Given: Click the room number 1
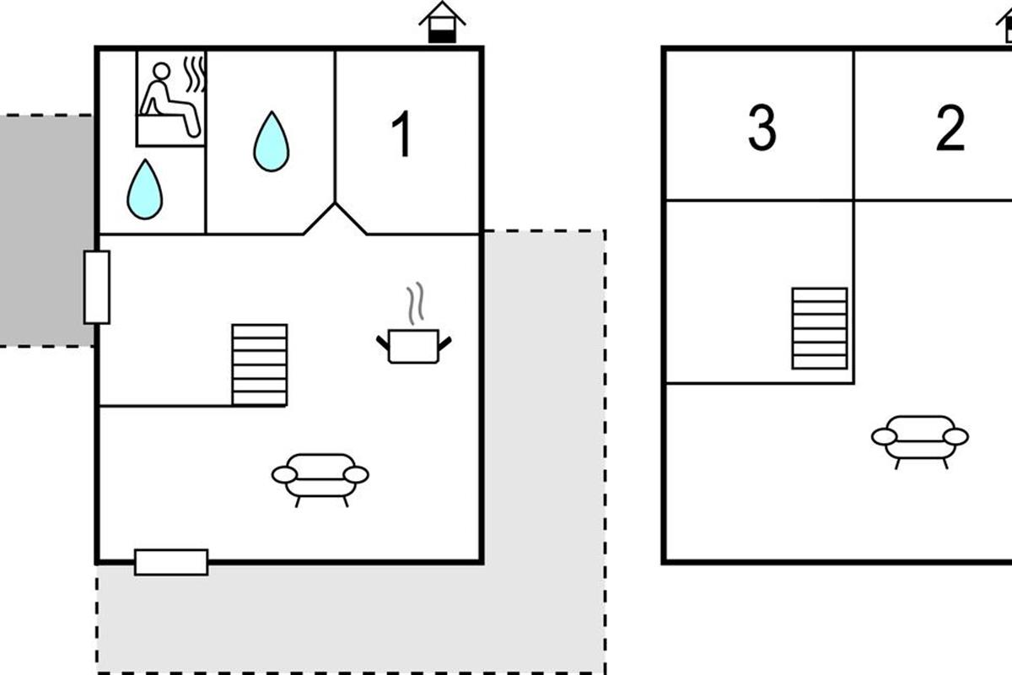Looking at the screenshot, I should pyautogui.click(x=403, y=135).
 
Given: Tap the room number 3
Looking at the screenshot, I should pyautogui.click(x=762, y=129).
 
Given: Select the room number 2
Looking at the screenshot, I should pyautogui.click(x=950, y=129).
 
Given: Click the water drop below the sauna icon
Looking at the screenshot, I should pyautogui.click(x=144, y=189).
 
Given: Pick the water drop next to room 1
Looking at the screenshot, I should pyautogui.click(x=271, y=141).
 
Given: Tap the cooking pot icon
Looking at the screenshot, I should pyautogui.click(x=413, y=346).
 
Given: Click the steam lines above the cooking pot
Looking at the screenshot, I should pyautogui.click(x=413, y=304).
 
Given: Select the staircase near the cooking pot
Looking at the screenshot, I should pyautogui.click(x=260, y=364).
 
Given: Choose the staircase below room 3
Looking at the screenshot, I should pyautogui.click(x=819, y=328).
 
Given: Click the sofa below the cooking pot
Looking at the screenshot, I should pyautogui.click(x=320, y=478).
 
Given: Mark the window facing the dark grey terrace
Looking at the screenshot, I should pyautogui.click(x=97, y=287).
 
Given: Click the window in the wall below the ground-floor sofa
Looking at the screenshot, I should pyautogui.click(x=171, y=562).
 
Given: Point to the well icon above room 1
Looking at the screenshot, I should pyautogui.click(x=442, y=23).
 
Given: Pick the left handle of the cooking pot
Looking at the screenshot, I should pyautogui.click(x=382, y=340).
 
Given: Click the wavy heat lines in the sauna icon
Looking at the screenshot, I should pyautogui.click(x=195, y=74).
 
